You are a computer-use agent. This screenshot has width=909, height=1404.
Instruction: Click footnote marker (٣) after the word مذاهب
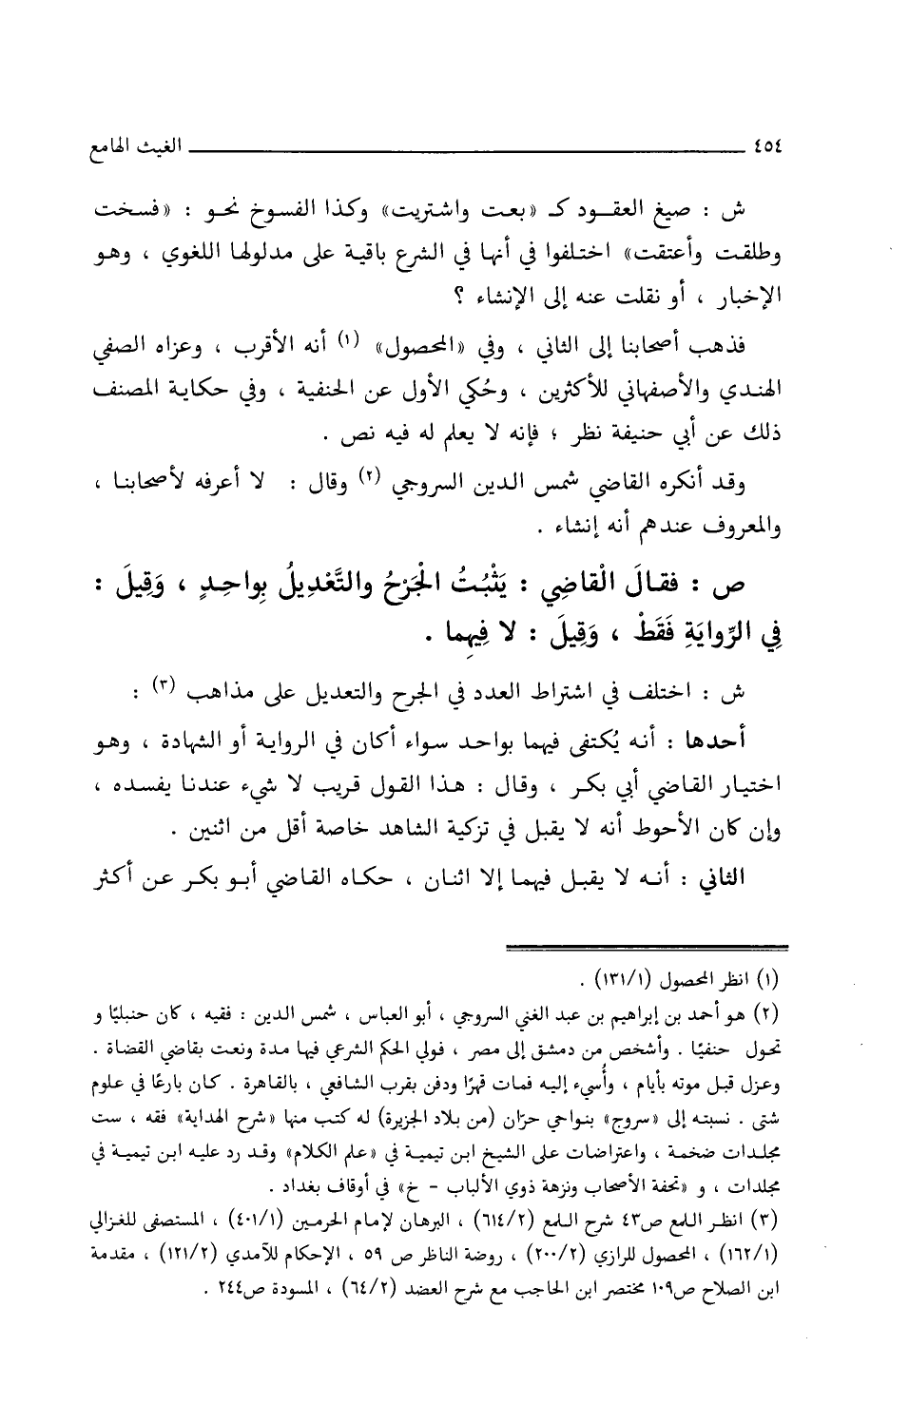coord(328,685)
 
